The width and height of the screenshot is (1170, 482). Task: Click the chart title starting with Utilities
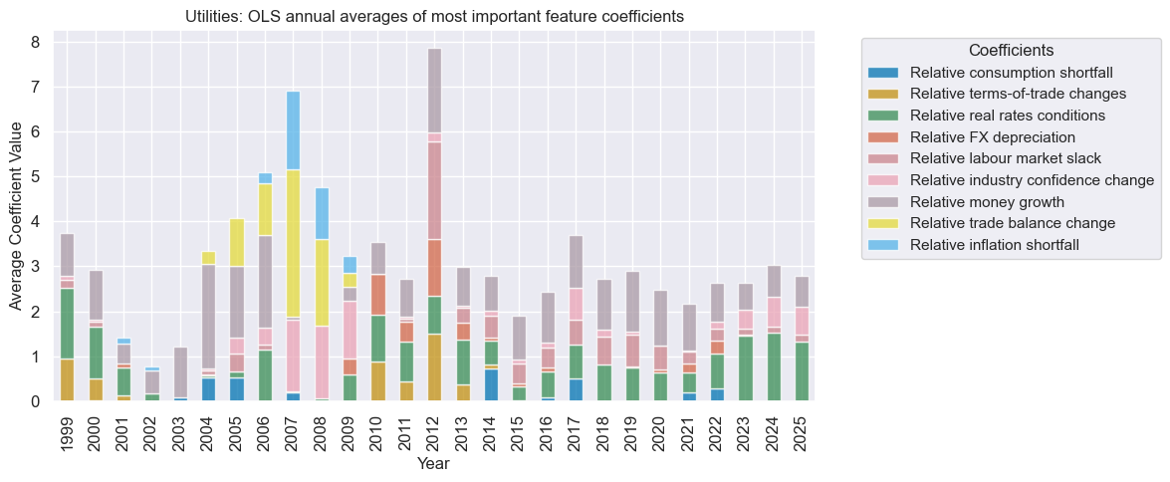point(434,17)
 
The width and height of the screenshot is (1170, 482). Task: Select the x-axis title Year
point(433,464)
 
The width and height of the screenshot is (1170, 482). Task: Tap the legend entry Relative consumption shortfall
point(1011,73)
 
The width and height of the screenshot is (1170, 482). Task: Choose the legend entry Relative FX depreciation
point(992,136)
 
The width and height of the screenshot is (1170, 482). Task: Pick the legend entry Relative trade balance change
point(1013,222)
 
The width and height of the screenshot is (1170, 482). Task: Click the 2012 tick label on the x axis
point(434,431)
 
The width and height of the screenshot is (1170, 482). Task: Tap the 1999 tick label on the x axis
point(67,431)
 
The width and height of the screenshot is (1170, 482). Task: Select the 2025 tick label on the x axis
point(802,431)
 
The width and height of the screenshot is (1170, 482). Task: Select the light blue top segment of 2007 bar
point(293,130)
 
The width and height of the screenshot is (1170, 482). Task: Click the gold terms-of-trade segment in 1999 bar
point(67,379)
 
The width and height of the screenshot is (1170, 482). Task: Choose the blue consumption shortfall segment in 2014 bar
point(491,384)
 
